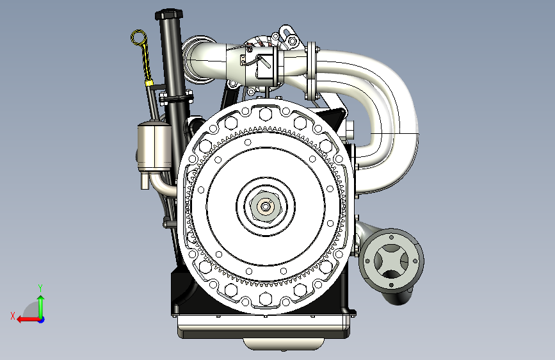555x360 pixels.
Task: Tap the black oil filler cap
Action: tap(168, 15)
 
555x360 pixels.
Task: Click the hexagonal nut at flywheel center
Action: tap(266, 206)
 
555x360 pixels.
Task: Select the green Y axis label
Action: tap(40, 288)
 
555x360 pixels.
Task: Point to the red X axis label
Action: tap(13, 316)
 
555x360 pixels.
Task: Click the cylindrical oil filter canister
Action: tap(154, 146)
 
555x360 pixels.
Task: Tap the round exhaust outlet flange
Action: tap(392, 261)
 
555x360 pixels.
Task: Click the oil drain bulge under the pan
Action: tap(283, 344)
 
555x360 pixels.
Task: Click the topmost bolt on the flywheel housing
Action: tap(265, 114)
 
